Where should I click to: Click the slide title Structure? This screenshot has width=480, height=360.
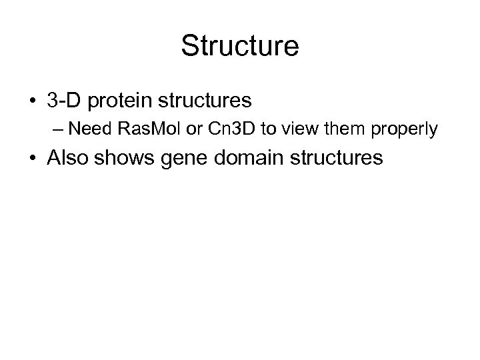pos(240,47)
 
